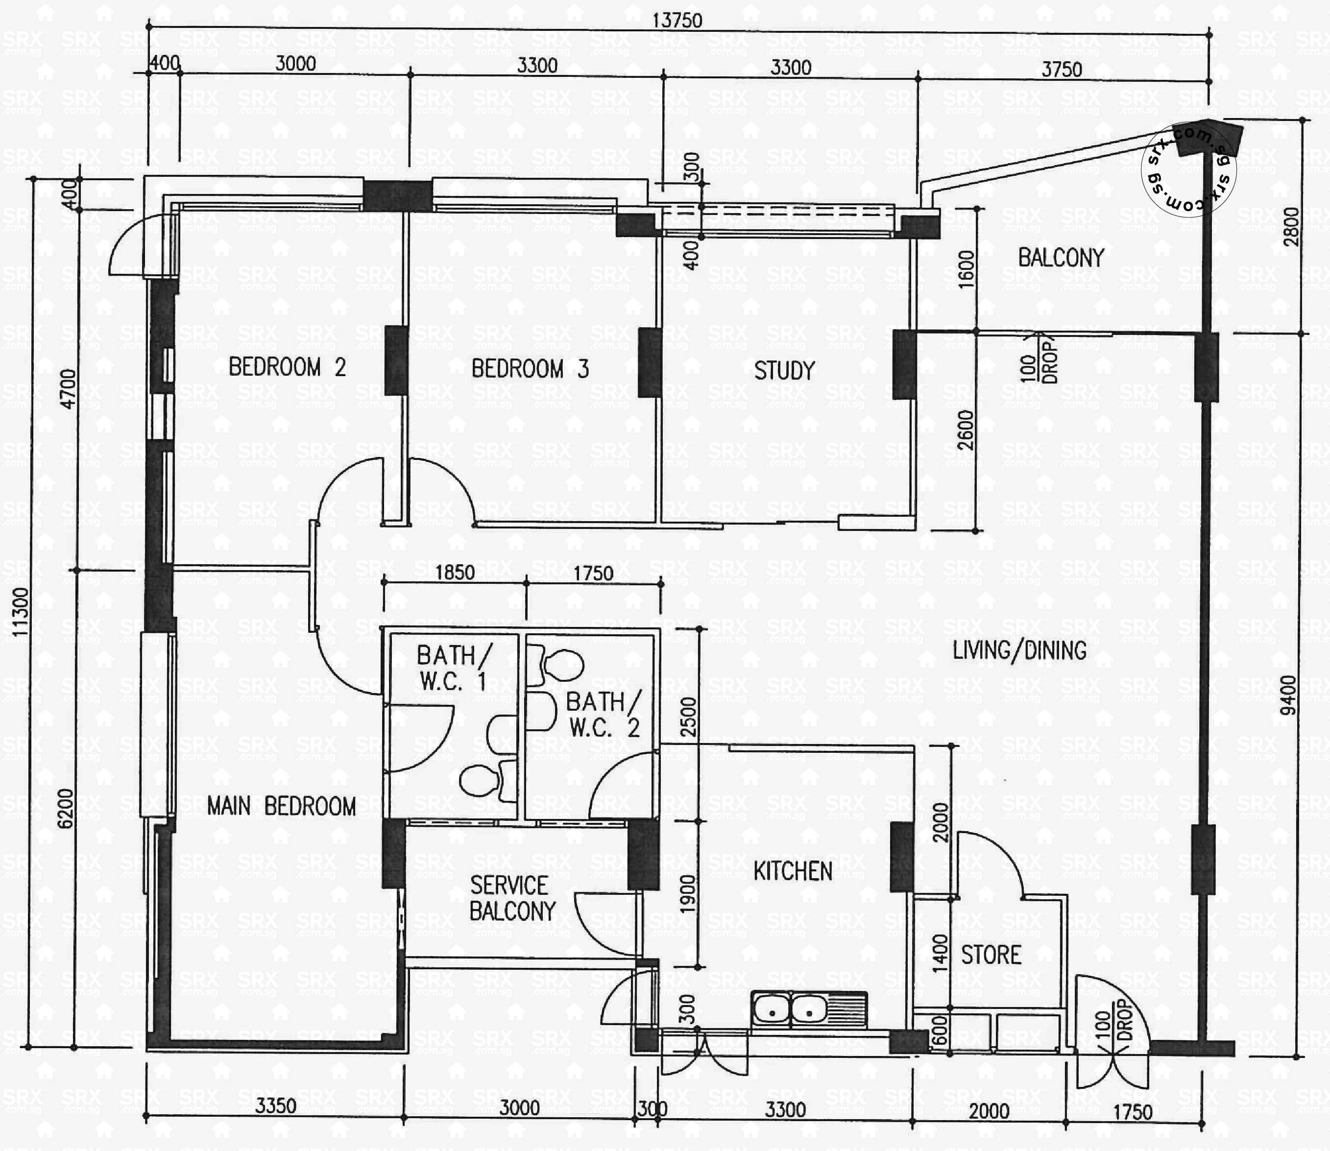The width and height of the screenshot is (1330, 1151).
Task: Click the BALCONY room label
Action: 1061,258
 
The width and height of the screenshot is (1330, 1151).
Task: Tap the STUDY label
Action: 784,371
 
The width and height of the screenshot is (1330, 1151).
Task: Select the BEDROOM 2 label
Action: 287,367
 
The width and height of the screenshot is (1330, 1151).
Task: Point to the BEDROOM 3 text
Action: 530,369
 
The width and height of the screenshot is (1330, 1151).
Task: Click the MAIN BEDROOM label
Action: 281,806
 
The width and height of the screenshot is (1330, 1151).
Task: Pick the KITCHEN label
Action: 793,872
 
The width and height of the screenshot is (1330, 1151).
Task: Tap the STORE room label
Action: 991,955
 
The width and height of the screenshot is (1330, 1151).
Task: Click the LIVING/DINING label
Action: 1020,650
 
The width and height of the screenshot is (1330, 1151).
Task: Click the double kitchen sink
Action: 809,1010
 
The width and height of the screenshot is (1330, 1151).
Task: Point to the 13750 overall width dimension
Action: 677,21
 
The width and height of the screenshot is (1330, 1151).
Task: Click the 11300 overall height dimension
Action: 21,612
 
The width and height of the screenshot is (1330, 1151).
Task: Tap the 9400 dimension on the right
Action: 1288,695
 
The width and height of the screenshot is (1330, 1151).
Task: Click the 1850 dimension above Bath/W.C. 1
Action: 455,572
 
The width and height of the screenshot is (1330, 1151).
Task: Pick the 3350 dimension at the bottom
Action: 276,1106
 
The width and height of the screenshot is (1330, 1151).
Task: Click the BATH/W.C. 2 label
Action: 604,714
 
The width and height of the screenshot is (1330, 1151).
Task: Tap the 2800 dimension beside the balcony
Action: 1290,227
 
